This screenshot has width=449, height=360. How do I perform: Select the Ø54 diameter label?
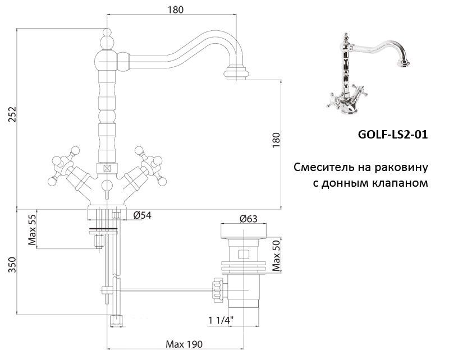[x=142, y=215]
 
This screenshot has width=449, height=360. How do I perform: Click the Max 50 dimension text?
[x=276, y=254]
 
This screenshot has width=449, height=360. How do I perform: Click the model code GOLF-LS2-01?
[x=392, y=135]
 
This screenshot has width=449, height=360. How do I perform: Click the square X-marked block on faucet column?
[x=106, y=168]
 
